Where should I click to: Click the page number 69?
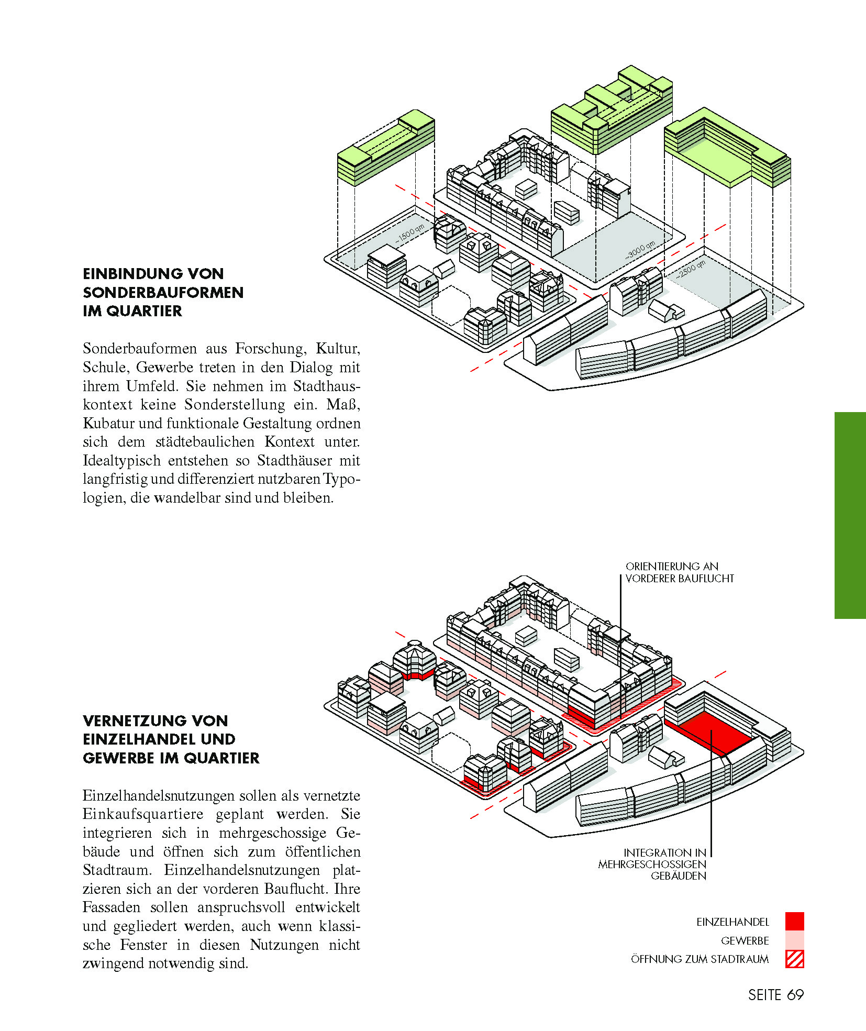(x=795, y=995)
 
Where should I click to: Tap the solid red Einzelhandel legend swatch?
(x=794, y=921)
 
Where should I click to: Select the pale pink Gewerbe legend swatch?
(x=794, y=940)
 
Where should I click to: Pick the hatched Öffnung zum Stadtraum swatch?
(x=794, y=959)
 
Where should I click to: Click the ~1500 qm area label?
(x=410, y=234)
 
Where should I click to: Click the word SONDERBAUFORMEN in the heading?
(x=163, y=292)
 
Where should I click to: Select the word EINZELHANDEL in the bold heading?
(x=159, y=739)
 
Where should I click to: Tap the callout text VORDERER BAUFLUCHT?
(x=680, y=579)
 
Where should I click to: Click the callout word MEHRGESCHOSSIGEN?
(x=652, y=864)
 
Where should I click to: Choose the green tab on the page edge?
(x=850, y=515)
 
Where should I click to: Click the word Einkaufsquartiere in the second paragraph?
(x=143, y=814)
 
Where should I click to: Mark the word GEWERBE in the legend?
(x=745, y=940)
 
